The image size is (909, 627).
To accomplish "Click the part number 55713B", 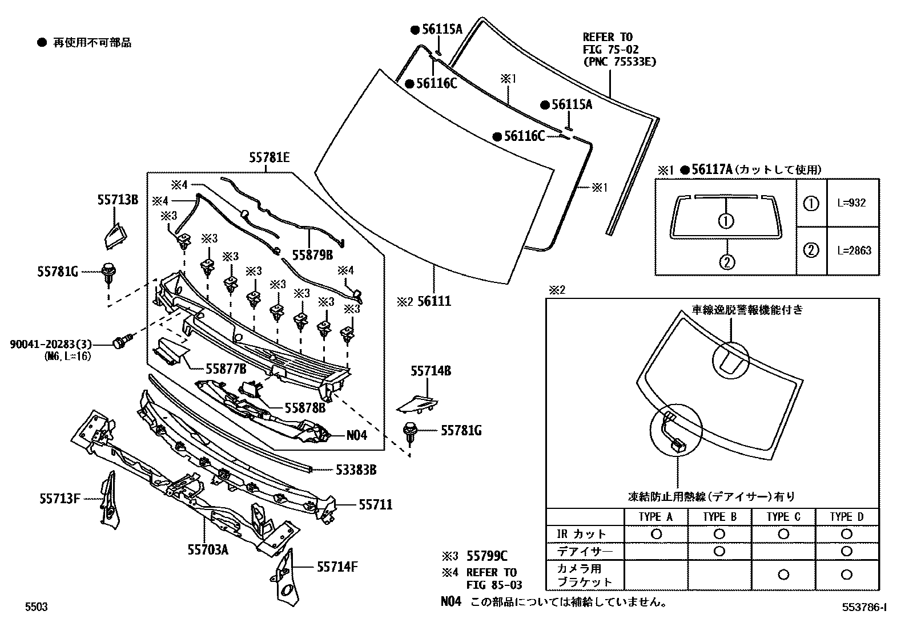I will [117, 200].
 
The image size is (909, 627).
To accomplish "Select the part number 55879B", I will [312, 255].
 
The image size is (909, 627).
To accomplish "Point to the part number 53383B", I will [356, 470].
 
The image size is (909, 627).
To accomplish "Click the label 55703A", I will [208, 549].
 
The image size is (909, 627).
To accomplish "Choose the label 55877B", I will [226, 369].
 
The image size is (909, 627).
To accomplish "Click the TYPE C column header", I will [783, 517].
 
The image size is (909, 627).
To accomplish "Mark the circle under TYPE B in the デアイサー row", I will [719, 551].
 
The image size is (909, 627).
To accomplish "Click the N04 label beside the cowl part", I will [357, 435].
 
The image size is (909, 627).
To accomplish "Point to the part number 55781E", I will [269, 157].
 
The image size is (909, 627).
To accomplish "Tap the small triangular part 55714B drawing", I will [417, 403].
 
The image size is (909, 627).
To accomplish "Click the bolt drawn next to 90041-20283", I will [122, 342].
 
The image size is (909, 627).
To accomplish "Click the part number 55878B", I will [305, 407].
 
